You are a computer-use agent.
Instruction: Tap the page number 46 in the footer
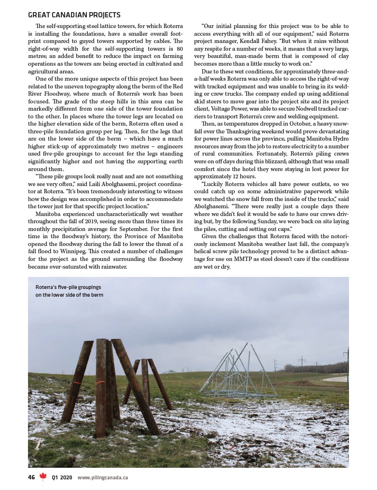pyautogui.click(x=31, y=477)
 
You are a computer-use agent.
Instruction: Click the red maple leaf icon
pyautogui.click(x=43, y=477)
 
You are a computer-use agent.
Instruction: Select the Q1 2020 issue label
pyautogui.click(x=62, y=477)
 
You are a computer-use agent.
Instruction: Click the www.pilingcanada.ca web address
pyautogui.click(x=102, y=477)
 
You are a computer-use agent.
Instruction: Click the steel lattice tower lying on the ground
pyautogui.click(x=237, y=372)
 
